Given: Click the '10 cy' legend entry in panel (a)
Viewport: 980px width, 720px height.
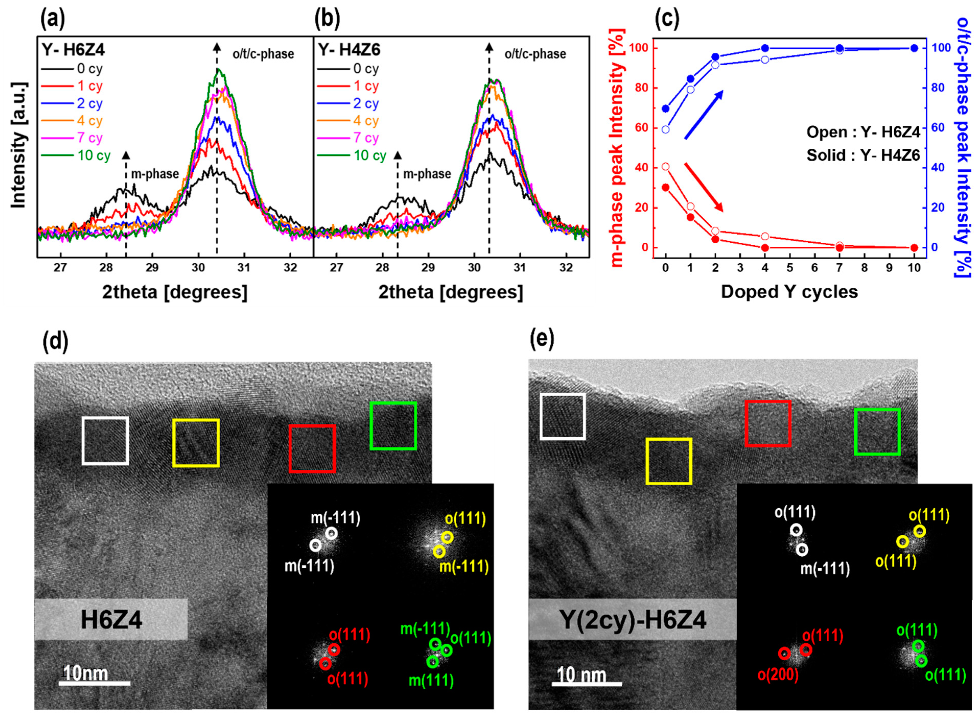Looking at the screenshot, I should tap(94, 156).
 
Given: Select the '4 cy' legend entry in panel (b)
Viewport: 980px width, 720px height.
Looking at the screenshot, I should tap(365, 121).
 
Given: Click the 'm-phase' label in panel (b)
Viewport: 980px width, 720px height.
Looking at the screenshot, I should tap(427, 174).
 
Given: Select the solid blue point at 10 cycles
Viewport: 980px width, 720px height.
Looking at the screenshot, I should tap(914, 48).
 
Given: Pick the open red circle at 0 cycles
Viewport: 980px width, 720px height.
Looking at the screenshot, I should tap(665, 166).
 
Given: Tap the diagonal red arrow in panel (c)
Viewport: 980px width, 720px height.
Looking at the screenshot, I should tap(703, 187).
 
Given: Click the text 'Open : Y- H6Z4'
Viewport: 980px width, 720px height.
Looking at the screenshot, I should tap(863, 132).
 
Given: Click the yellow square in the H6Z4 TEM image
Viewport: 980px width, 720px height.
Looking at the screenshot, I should tap(196, 443).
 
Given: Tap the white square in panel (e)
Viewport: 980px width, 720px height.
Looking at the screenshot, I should tap(563, 416).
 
